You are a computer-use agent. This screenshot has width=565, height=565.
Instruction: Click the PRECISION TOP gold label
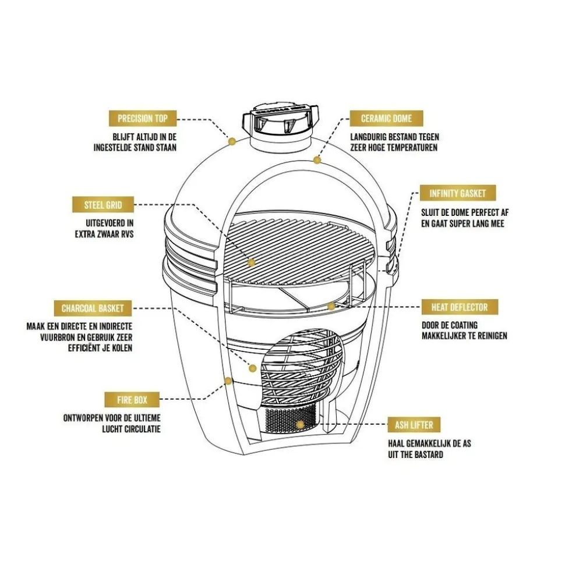143,119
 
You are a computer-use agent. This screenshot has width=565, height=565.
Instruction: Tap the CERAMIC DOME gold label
386,119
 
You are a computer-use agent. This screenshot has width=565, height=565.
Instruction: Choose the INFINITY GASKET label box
454,193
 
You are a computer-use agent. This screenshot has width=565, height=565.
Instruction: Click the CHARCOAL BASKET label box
93,308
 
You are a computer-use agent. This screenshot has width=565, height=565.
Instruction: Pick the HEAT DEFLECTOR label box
455,307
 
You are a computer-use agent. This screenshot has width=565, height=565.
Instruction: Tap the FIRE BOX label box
132,400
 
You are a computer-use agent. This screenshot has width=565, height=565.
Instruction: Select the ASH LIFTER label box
414,425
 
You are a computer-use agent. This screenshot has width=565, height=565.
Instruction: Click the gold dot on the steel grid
251,263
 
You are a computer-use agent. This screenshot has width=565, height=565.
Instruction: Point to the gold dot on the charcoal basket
252,368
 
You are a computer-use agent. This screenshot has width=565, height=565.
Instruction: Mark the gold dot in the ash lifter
299,425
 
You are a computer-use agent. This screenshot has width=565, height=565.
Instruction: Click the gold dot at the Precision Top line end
232,141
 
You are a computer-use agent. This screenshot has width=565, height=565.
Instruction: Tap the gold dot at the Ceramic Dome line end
317,159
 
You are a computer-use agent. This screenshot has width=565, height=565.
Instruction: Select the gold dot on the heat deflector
331,306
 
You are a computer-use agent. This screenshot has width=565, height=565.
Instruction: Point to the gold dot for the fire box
228,381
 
